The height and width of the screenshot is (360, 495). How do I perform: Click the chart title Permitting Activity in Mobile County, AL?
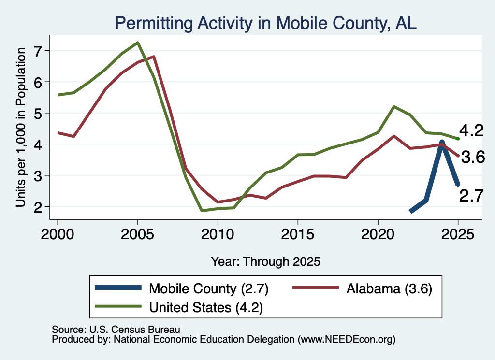265,23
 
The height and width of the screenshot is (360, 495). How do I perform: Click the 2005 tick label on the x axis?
137,234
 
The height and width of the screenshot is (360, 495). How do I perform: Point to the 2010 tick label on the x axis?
218,234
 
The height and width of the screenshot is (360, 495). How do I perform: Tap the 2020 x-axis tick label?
378,234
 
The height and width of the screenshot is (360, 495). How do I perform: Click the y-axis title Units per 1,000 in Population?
21,127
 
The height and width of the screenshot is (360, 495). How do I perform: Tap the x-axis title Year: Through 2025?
265,261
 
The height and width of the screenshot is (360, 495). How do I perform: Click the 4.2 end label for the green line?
471,130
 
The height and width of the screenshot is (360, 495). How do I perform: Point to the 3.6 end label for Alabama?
473,157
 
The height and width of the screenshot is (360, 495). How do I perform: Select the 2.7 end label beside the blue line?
471,196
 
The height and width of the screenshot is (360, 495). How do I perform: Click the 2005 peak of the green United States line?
138,43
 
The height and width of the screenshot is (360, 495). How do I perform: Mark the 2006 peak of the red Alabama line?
154,57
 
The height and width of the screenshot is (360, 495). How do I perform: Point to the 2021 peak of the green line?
394,107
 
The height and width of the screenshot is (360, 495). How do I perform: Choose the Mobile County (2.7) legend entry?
182,288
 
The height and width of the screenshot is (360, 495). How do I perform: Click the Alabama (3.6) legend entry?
362,288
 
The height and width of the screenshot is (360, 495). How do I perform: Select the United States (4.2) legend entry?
179,307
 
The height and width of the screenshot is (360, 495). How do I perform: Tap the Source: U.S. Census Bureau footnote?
116,330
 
